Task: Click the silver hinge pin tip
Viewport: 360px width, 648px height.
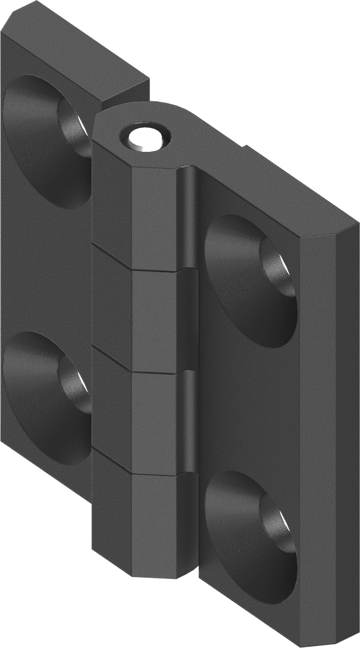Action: point(146,137)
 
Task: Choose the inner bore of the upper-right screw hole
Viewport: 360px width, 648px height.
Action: point(278,272)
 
